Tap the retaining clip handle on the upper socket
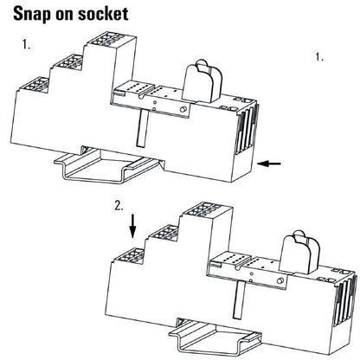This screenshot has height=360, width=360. coord(203,80)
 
